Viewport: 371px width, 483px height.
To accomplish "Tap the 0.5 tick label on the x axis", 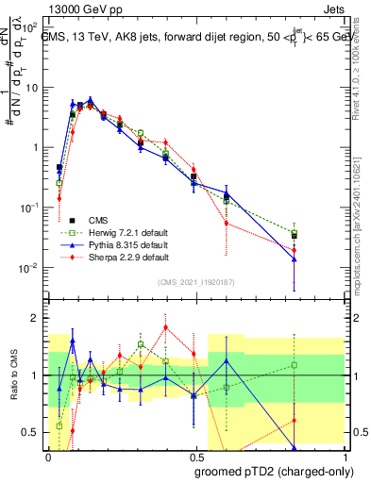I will pos(195,454).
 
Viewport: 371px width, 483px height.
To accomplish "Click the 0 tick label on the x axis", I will pos(48,454).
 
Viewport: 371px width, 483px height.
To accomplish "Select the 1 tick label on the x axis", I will pos(343,454).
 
